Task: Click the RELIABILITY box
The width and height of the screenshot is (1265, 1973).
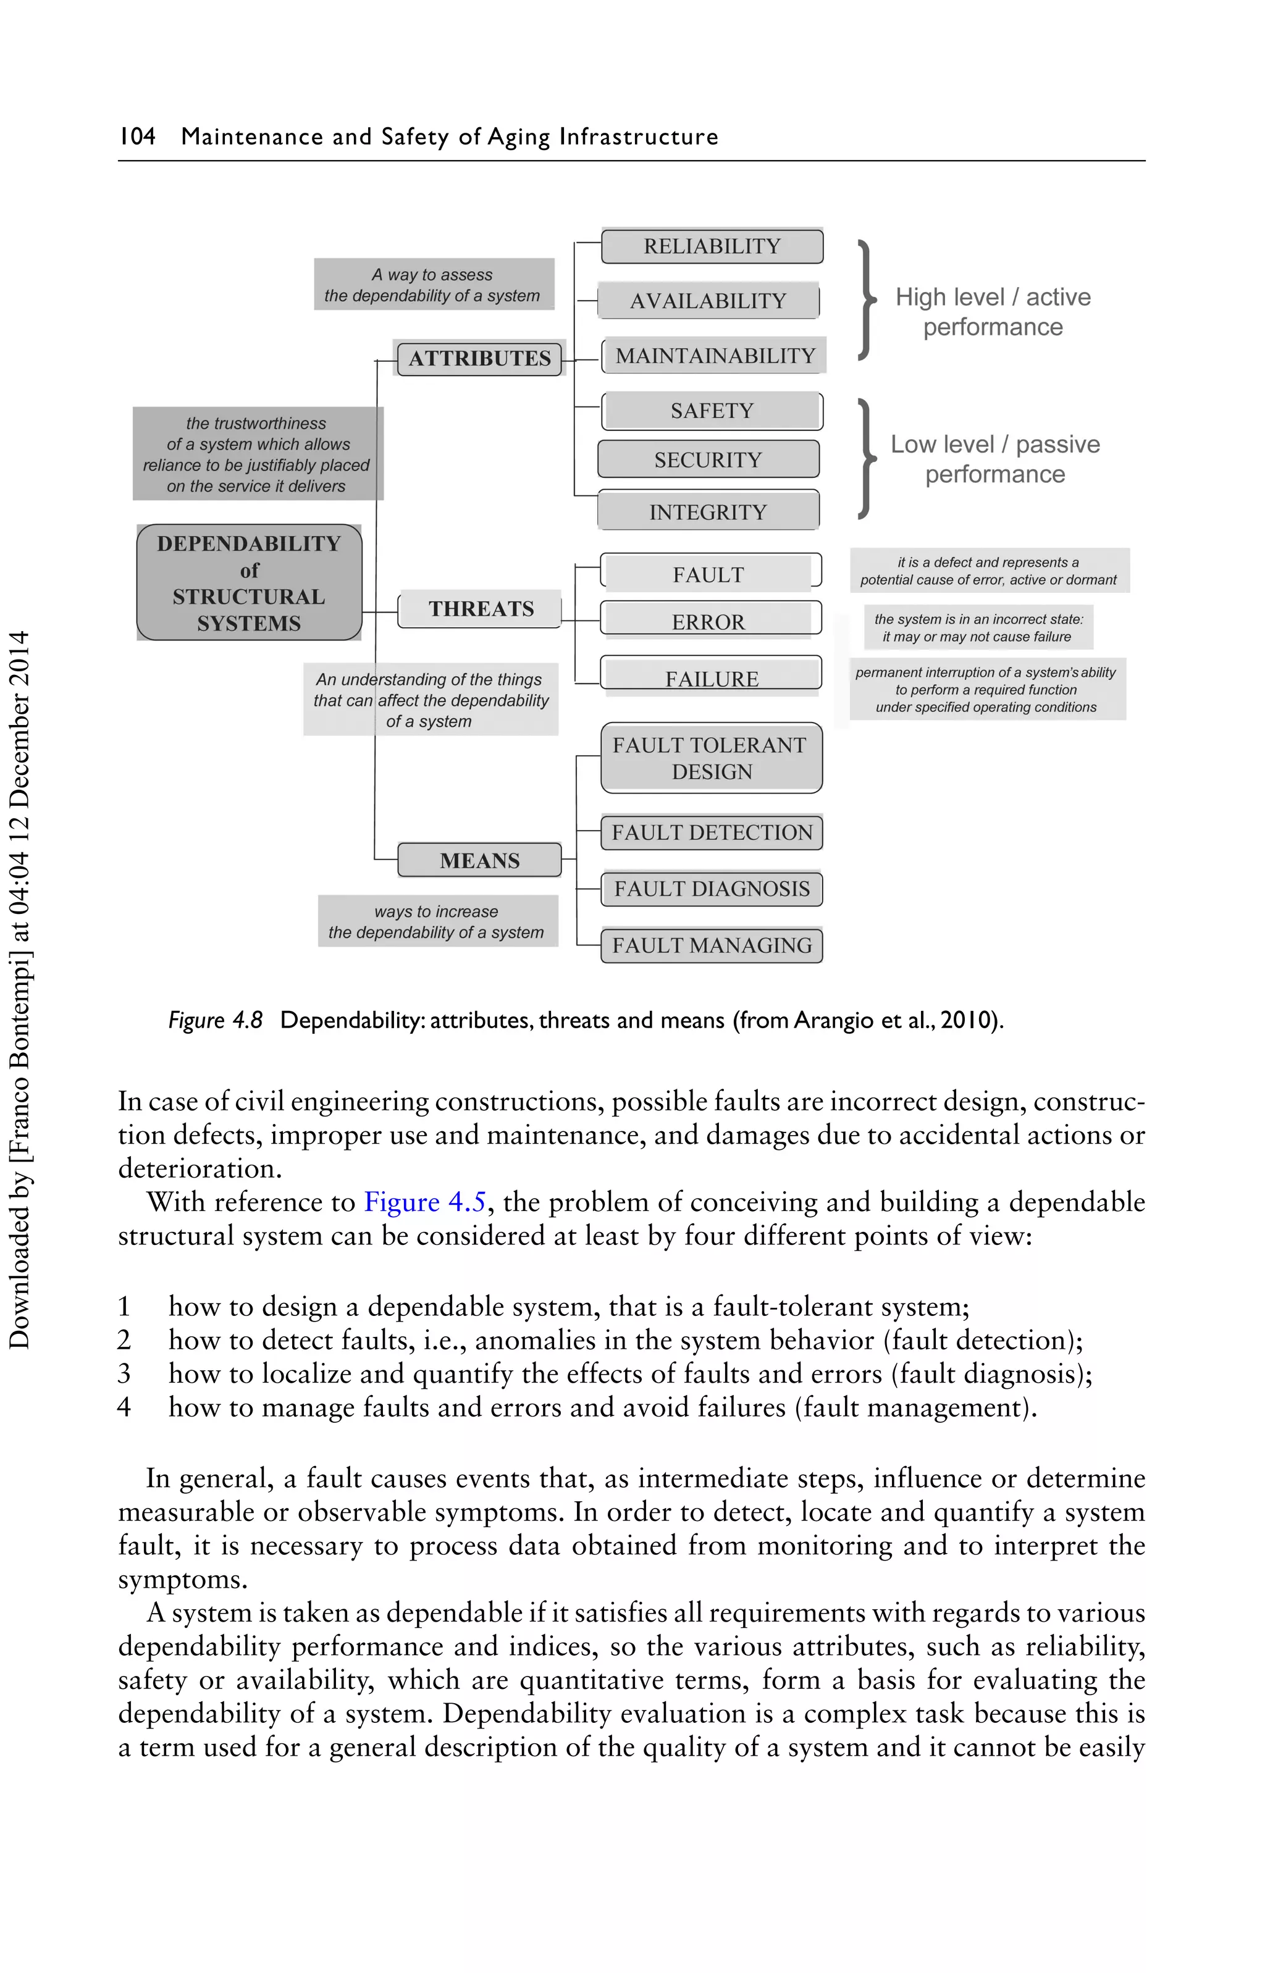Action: click(x=712, y=246)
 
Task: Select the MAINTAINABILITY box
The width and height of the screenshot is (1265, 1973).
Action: click(x=715, y=356)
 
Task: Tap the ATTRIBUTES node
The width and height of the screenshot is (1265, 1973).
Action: click(x=480, y=359)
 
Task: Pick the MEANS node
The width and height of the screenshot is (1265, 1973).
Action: click(x=480, y=860)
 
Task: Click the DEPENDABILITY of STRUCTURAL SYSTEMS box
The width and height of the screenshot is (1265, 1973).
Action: click(x=249, y=583)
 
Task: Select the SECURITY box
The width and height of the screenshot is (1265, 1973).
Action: click(x=708, y=460)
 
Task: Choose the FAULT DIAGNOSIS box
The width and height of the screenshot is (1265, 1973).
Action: click(x=712, y=889)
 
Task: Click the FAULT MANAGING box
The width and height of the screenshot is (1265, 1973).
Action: click(x=712, y=945)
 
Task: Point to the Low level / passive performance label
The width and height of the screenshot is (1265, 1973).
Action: click(x=994, y=459)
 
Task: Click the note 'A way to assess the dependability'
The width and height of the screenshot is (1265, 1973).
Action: click(x=433, y=285)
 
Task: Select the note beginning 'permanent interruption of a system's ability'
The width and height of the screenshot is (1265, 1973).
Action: click(x=986, y=690)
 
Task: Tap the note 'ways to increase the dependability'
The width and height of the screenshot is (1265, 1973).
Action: click(x=436, y=922)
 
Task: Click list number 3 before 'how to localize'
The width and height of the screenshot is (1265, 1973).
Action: click(x=124, y=1373)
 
